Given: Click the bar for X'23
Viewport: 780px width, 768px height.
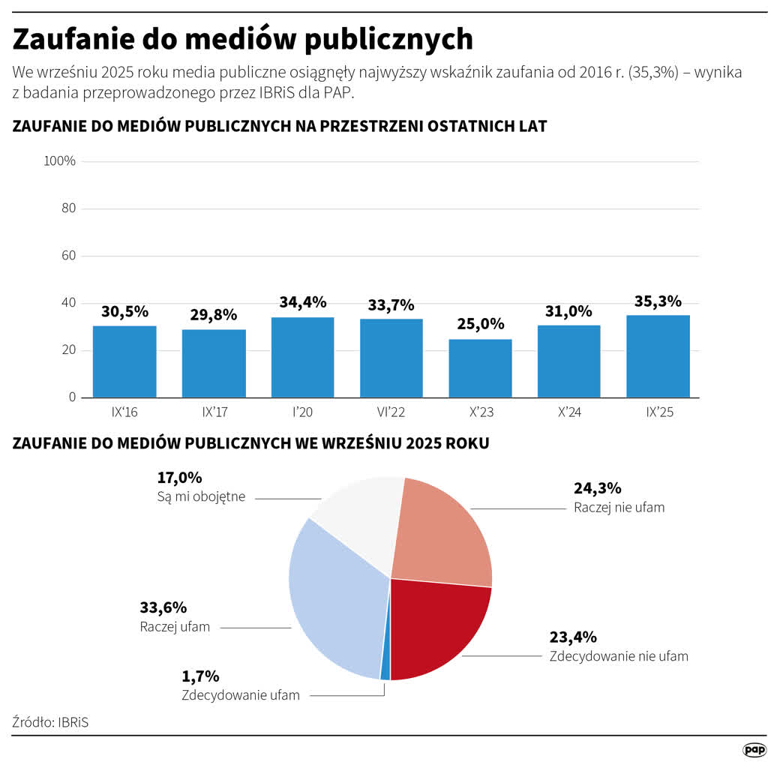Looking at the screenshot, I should tap(480, 368).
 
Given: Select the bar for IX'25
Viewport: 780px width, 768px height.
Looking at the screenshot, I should tap(658, 356).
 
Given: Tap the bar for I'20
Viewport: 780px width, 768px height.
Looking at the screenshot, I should tap(302, 358).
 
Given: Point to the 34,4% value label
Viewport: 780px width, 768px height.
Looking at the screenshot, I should tap(302, 302).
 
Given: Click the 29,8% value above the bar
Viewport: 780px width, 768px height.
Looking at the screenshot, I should tap(213, 314).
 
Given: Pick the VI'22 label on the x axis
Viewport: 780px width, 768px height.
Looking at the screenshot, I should tap(391, 412).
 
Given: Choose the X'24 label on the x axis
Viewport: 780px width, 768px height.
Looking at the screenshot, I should tap(568, 412).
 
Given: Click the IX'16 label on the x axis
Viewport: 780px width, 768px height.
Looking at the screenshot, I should tap(124, 412).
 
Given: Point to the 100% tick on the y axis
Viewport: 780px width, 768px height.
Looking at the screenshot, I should tap(60, 161).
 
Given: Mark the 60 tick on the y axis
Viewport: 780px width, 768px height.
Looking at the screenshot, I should tap(68, 256).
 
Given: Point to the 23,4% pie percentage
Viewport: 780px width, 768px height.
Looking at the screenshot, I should tap(573, 637).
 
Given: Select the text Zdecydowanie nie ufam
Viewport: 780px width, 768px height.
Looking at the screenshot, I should tap(619, 656).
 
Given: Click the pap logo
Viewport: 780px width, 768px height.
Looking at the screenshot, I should tap(754, 750).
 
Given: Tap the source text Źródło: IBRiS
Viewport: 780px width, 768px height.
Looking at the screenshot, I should tap(55, 722).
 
